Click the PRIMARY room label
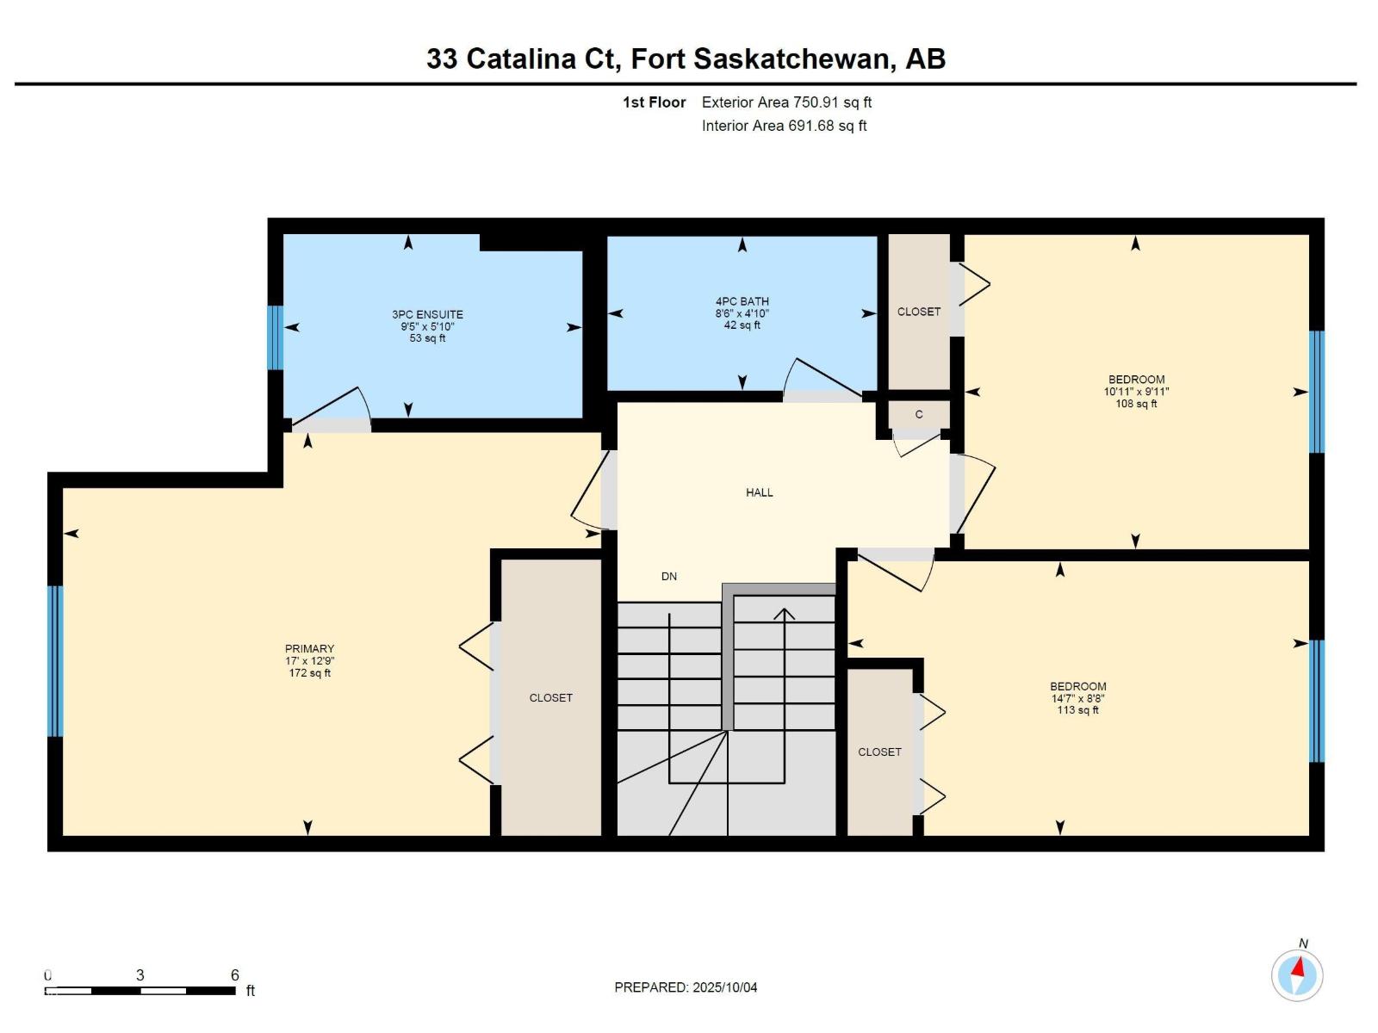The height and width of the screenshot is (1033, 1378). pyautogui.click(x=309, y=649)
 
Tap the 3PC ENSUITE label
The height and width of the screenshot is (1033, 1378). pyautogui.click(x=427, y=315)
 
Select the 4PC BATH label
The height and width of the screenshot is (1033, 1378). pyautogui.click(x=742, y=301)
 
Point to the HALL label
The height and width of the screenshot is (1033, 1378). pyautogui.click(x=759, y=492)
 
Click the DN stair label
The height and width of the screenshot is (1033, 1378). pyautogui.click(x=669, y=577)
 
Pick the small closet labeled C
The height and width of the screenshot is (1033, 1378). pyautogui.click(x=919, y=415)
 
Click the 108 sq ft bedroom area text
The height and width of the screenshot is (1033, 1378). pyautogui.click(x=1136, y=404)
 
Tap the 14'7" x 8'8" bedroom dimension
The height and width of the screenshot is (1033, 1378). pyautogui.click(x=1077, y=699)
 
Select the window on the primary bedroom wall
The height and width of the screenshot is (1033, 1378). pyautogui.click(x=55, y=661)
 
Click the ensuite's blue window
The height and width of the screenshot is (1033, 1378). pyautogui.click(x=275, y=337)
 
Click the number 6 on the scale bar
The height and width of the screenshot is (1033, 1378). pyautogui.click(x=234, y=975)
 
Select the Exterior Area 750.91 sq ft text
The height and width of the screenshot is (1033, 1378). pyautogui.click(x=786, y=102)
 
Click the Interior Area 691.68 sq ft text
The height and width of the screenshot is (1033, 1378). pyautogui.click(x=784, y=126)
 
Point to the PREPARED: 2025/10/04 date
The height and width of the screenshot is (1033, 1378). pyautogui.click(x=686, y=987)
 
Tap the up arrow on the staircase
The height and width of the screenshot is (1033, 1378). pyautogui.click(x=784, y=614)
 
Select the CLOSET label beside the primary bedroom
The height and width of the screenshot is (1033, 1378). pyautogui.click(x=550, y=698)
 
